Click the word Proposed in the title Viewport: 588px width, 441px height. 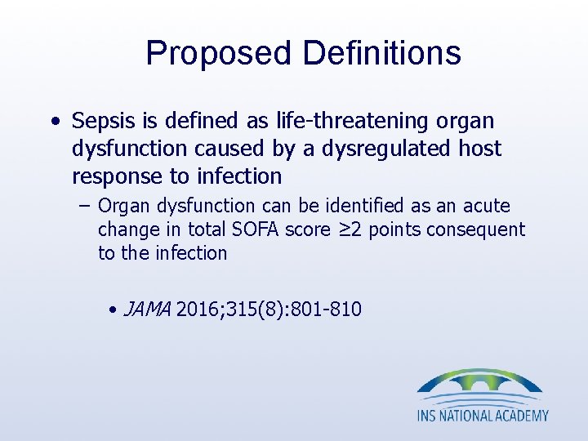click(219, 54)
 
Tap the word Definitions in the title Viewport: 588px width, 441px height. click(381, 54)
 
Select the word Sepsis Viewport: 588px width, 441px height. click(100, 122)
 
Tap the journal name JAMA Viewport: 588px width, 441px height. click(147, 310)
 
